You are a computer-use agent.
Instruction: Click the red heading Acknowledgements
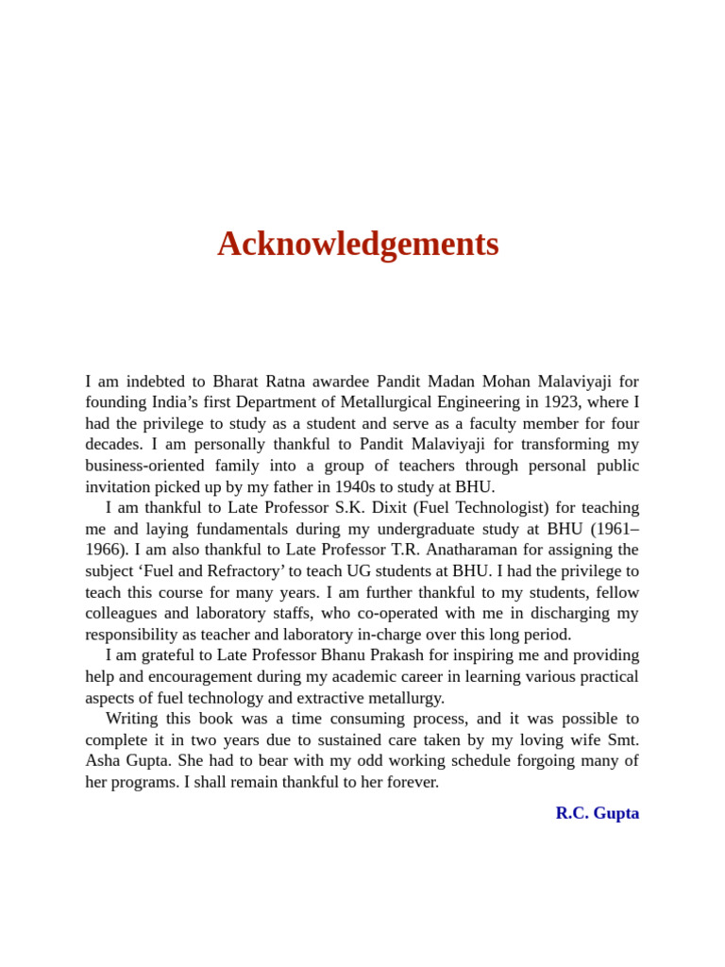tap(358, 244)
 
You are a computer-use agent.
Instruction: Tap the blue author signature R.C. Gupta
tap(597, 813)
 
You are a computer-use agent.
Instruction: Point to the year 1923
tap(561, 402)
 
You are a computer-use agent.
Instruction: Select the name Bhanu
tap(348, 655)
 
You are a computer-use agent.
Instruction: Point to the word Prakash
tap(410, 655)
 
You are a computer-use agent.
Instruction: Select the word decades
tap(113, 445)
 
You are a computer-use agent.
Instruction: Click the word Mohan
tap(507, 382)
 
